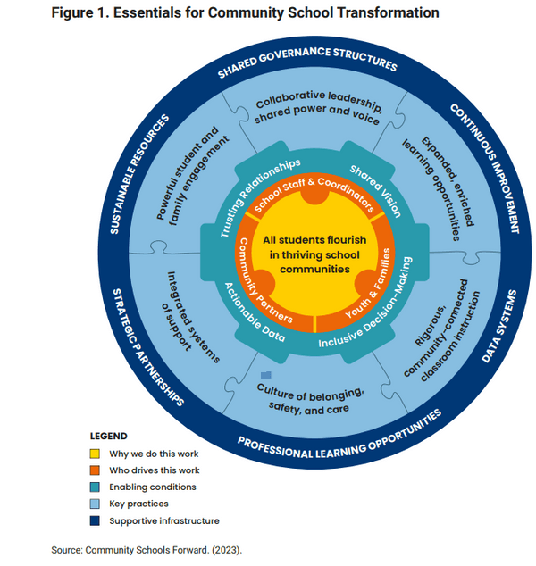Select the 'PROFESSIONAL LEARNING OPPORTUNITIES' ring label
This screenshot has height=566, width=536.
point(339,432)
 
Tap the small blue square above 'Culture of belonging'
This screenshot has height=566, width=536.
point(265,377)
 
